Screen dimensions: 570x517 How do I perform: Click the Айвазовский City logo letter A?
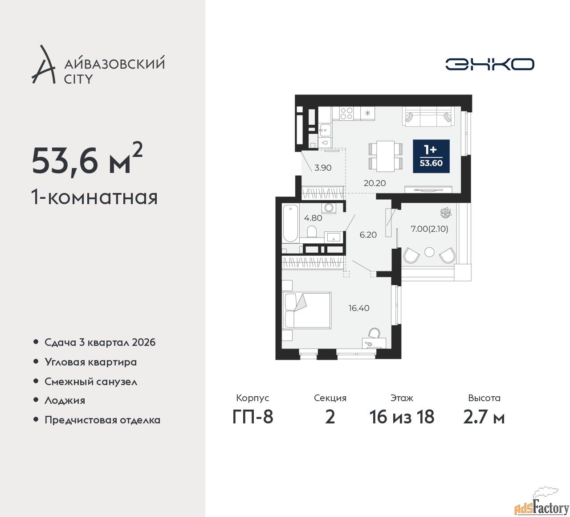[x=43, y=65]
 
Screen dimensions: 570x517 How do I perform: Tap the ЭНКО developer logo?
[x=489, y=64]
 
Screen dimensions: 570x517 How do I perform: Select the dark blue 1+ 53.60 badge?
[x=431, y=156]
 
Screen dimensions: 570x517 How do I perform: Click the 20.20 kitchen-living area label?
[x=375, y=183]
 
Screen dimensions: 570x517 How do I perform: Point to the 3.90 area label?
[x=323, y=168]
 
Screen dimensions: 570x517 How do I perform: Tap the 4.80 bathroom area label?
[x=313, y=218]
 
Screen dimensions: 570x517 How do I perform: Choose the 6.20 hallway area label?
[x=368, y=234]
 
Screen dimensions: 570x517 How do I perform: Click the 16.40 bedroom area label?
[x=359, y=308]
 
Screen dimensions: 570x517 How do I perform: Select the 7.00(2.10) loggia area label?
[x=429, y=229]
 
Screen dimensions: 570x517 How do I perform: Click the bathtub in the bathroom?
[x=290, y=223]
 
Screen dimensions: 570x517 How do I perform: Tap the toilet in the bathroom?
[x=312, y=231]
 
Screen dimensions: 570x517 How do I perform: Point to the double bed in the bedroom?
[x=308, y=311]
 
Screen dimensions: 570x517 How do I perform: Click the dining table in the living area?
[x=386, y=156]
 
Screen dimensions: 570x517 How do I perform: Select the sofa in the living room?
[x=427, y=116]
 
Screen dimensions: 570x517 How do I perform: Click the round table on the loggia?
[x=429, y=252]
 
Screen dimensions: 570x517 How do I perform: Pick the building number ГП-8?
[x=252, y=417]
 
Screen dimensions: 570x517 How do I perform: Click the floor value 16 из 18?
[x=402, y=417]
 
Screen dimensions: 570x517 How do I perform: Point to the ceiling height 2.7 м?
[x=484, y=418]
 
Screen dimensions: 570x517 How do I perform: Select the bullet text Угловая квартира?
[x=91, y=362]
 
